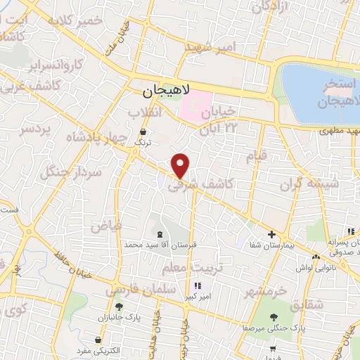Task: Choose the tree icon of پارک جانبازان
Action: (x=118, y=306)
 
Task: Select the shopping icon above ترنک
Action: (x=143, y=131)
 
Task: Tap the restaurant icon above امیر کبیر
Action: (x=198, y=285)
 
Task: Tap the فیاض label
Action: (x=105, y=226)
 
